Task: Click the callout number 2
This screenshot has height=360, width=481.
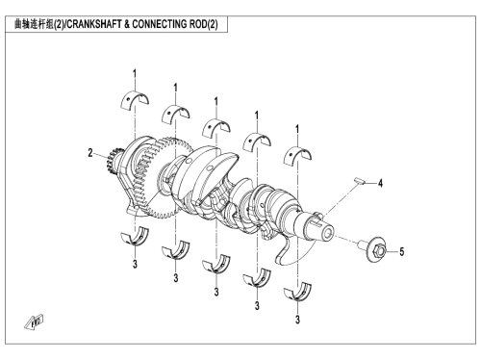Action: click(x=90, y=153)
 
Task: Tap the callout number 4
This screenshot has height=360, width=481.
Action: click(x=380, y=183)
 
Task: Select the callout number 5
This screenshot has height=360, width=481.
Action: click(x=402, y=252)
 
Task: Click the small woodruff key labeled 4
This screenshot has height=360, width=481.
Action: click(x=360, y=180)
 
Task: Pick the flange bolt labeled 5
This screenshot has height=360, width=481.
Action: click(x=373, y=250)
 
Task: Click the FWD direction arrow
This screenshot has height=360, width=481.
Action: click(x=34, y=322)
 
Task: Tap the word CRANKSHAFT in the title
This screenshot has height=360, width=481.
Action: click(x=94, y=24)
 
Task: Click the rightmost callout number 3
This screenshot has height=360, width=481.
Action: click(x=297, y=320)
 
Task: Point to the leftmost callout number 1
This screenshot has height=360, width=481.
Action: click(x=135, y=74)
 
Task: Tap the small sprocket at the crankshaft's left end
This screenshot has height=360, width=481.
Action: click(x=111, y=164)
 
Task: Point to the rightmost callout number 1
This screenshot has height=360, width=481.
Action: click(x=297, y=129)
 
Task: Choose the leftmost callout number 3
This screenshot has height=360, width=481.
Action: click(x=135, y=264)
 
